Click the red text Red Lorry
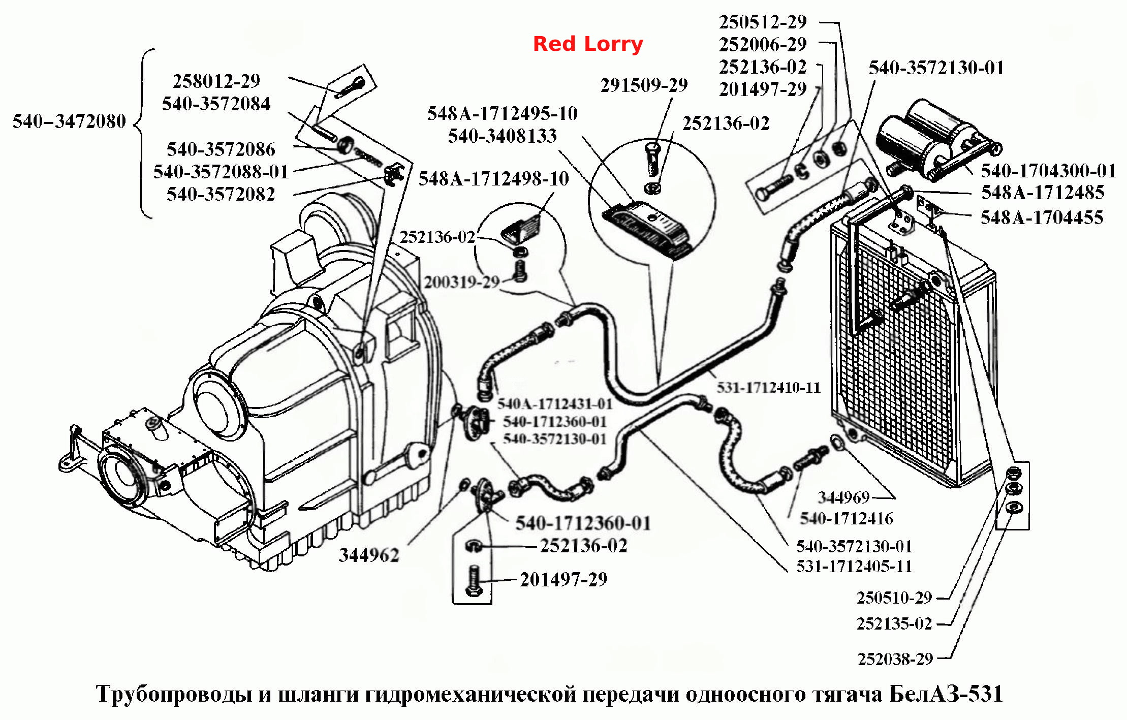(x=588, y=44)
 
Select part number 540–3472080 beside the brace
(x=69, y=121)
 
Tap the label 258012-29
(x=216, y=81)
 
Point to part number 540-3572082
(x=221, y=194)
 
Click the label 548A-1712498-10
(x=493, y=179)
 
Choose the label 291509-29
(x=644, y=85)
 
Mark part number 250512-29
(x=763, y=22)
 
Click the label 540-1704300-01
(x=1048, y=171)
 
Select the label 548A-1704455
(x=1042, y=217)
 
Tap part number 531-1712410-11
(x=769, y=388)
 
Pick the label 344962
(x=369, y=555)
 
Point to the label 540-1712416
(x=847, y=518)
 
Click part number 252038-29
(x=895, y=659)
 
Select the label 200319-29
(x=462, y=282)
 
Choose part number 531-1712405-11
(x=854, y=566)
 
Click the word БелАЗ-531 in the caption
(x=946, y=694)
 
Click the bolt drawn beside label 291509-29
(x=652, y=159)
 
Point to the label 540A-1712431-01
(x=555, y=404)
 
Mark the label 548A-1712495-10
(x=502, y=113)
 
